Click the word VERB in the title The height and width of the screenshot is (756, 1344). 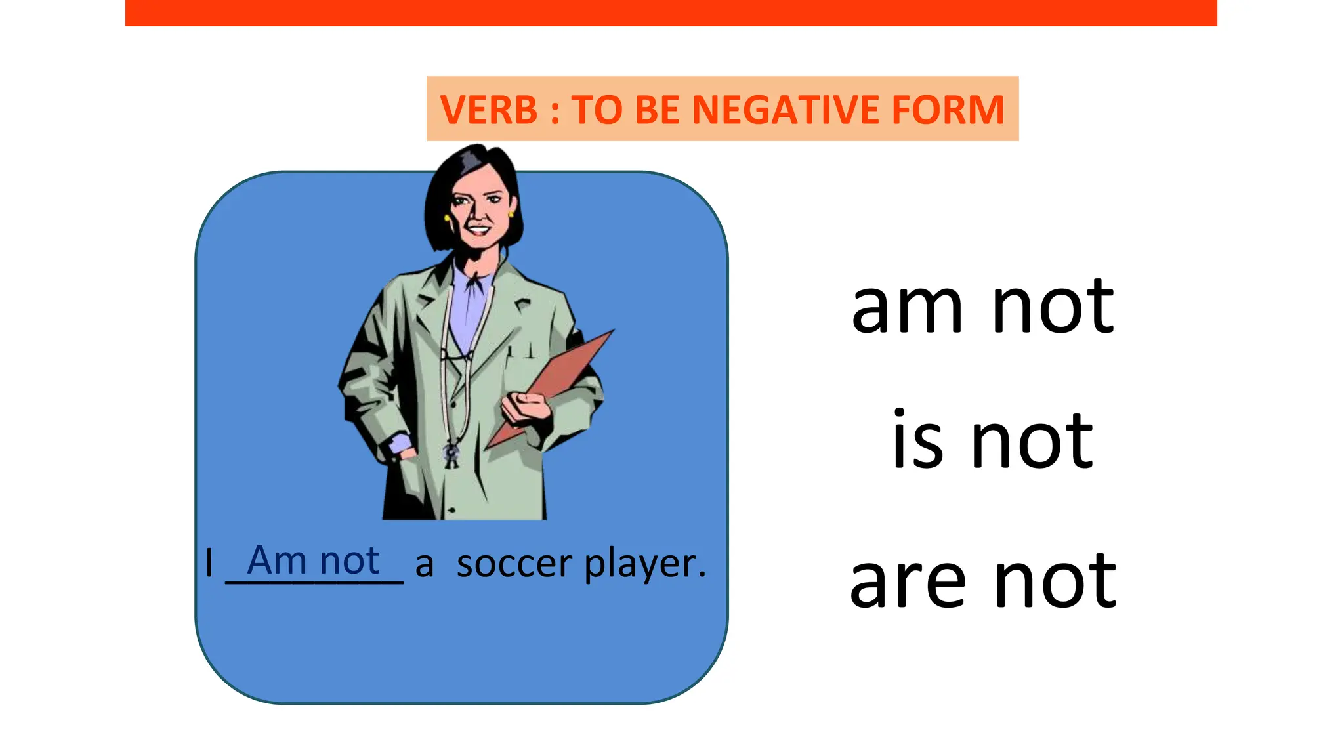(489, 110)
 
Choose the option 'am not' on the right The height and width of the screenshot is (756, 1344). (982, 306)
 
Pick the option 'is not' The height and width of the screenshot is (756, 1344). (992, 441)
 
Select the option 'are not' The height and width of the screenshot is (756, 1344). (982, 581)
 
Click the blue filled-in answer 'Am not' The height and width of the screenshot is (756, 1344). (313, 561)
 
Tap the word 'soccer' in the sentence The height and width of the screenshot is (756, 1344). (514, 564)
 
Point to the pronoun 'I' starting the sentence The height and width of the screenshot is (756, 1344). (209, 563)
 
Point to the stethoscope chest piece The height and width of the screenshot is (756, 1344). (451, 453)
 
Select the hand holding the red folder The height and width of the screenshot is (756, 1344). (525, 407)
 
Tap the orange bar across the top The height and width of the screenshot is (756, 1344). (671, 12)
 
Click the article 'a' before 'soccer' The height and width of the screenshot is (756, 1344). (425, 564)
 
